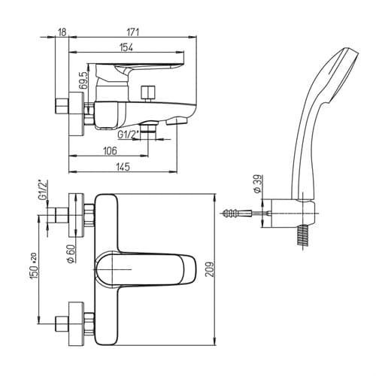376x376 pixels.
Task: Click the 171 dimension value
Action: click(133, 32)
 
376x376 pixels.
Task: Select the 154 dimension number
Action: click(126, 47)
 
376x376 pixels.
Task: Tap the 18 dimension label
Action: click(62, 32)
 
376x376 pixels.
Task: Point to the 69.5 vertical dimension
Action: click(83, 80)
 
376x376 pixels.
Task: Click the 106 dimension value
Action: click(110, 150)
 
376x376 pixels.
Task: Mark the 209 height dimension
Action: click(210, 269)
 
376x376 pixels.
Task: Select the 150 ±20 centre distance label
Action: click(34, 266)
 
